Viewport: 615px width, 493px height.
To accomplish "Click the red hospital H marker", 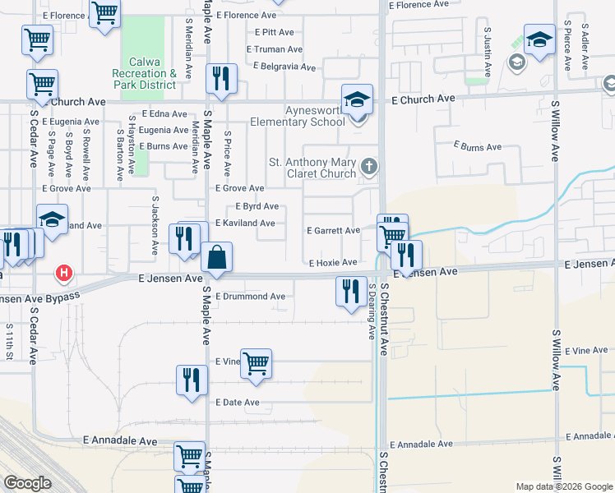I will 63,273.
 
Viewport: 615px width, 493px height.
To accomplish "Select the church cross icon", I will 369,168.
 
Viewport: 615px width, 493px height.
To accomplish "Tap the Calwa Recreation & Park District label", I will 152,73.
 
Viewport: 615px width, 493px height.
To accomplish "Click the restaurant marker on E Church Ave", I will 220,78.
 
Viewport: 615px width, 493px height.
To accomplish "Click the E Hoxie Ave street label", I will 333,263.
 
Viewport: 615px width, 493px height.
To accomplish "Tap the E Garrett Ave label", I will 333,231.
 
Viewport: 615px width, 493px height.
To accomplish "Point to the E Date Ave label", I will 238,403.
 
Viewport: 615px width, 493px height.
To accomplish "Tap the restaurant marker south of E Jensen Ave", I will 351,291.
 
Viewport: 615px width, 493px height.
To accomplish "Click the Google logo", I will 27,483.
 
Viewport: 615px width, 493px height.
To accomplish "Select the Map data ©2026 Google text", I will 563,486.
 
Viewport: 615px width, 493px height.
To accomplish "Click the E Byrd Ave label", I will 257,206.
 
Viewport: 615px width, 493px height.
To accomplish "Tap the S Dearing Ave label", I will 372,312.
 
